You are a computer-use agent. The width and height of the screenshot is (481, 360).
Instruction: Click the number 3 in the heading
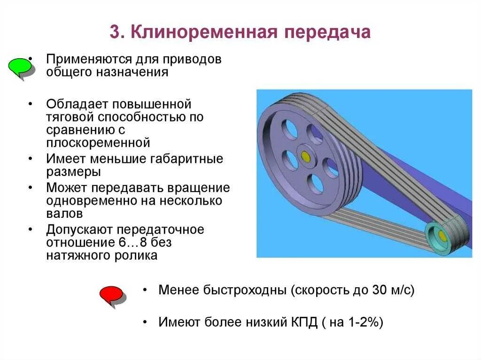coord(115,32)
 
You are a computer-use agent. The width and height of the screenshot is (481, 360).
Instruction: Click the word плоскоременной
coord(98,142)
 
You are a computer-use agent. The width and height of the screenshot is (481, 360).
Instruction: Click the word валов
coord(65,214)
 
